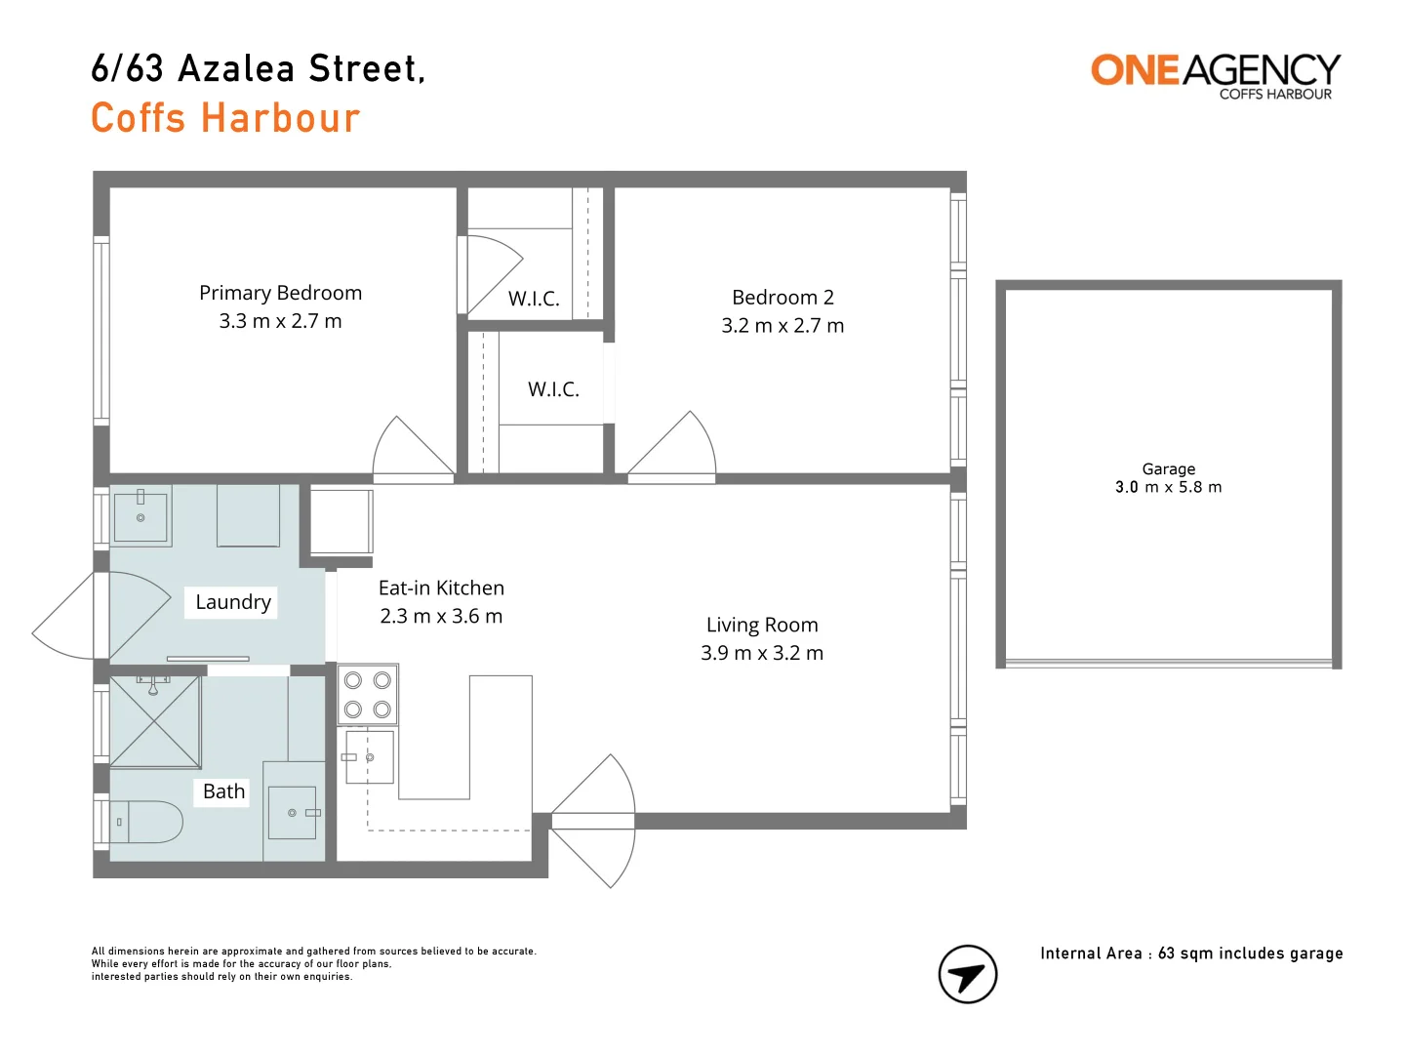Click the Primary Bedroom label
click(280, 293)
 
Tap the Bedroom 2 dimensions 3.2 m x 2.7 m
click(783, 326)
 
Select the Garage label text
click(1168, 469)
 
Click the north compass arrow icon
click(967, 974)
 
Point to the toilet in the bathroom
click(147, 822)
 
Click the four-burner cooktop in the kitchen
click(368, 695)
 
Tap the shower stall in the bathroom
click(155, 721)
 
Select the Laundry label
click(232, 602)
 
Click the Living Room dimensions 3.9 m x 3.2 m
click(761, 653)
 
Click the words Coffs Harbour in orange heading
click(225, 118)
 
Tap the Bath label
click(223, 791)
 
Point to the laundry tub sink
click(140, 516)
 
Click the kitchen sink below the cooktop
click(370, 757)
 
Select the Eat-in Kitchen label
click(441, 588)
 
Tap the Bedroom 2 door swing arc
click(678, 445)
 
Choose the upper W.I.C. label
click(534, 299)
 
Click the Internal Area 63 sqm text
click(1190, 953)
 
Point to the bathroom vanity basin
click(292, 812)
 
